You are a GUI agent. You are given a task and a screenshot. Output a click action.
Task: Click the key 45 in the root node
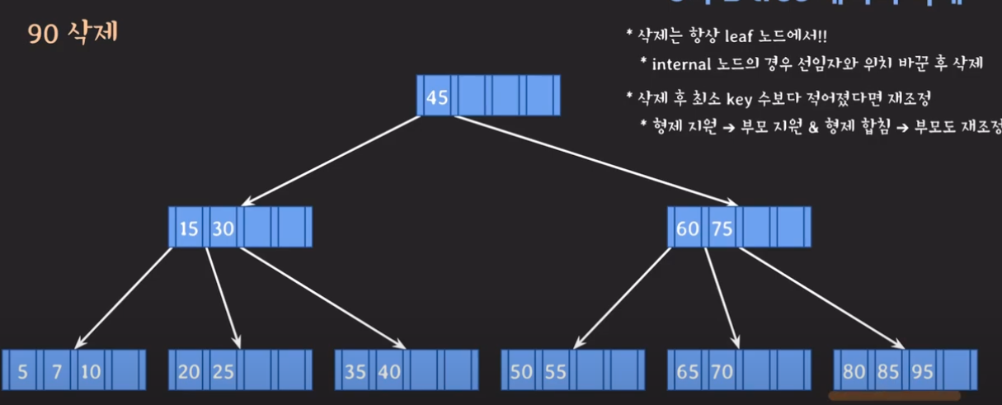(437, 97)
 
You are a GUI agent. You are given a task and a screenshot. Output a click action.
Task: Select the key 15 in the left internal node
(189, 228)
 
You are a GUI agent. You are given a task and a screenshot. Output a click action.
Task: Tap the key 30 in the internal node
(223, 228)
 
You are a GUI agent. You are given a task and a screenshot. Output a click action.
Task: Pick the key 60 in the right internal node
(687, 228)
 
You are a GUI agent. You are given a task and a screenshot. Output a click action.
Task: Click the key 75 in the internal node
(722, 228)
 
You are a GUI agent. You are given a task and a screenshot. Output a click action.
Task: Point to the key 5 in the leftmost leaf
(22, 372)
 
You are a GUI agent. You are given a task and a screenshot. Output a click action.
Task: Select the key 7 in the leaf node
(57, 372)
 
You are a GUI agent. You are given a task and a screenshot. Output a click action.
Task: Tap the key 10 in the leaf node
(91, 372)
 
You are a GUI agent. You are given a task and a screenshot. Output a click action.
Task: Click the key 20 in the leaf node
(189, 372)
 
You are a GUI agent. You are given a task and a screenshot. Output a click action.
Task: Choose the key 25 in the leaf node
(223, 372)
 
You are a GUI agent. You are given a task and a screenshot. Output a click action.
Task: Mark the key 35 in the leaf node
(355, 372)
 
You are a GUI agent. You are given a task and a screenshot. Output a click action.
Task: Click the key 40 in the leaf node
(389, 372)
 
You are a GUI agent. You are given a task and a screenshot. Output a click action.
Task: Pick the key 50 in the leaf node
(521, 372)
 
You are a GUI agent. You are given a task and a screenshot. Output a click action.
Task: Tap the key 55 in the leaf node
(556, 372)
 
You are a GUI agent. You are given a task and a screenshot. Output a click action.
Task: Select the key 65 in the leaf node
(687, 372)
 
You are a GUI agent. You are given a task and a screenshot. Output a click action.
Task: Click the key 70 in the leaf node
(722, 372)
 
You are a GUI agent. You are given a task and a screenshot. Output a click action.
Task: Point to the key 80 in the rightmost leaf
(854, 372)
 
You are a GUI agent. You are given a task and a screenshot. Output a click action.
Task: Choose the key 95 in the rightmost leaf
(922, 372)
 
